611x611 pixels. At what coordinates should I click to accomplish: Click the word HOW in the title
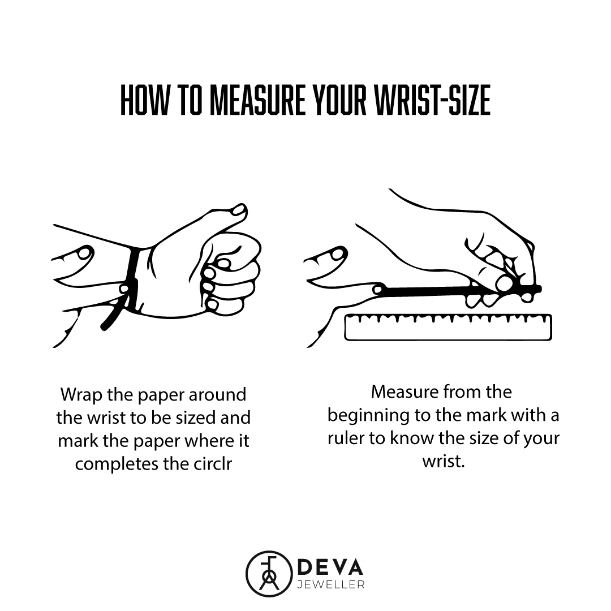pos(145,100)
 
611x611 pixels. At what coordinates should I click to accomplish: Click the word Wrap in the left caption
pos(81,395)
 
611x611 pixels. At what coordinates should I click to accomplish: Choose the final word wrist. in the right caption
pos(444,462)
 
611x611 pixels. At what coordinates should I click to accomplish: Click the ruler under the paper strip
pos(448,328)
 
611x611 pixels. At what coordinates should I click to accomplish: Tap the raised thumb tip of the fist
pos(238,210)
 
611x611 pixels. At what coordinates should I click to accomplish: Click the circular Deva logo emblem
pos(269,574)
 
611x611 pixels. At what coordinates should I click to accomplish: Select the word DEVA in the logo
pos(330,568)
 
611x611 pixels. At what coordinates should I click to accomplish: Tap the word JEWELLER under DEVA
pos(331,586)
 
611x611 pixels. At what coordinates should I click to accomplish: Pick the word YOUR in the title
pos(339,100)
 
